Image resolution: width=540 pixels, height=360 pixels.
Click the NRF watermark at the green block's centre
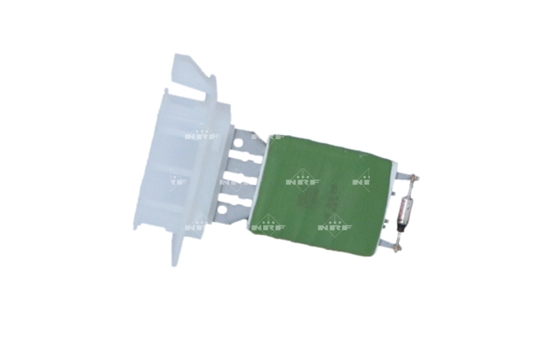coord(300,178)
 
